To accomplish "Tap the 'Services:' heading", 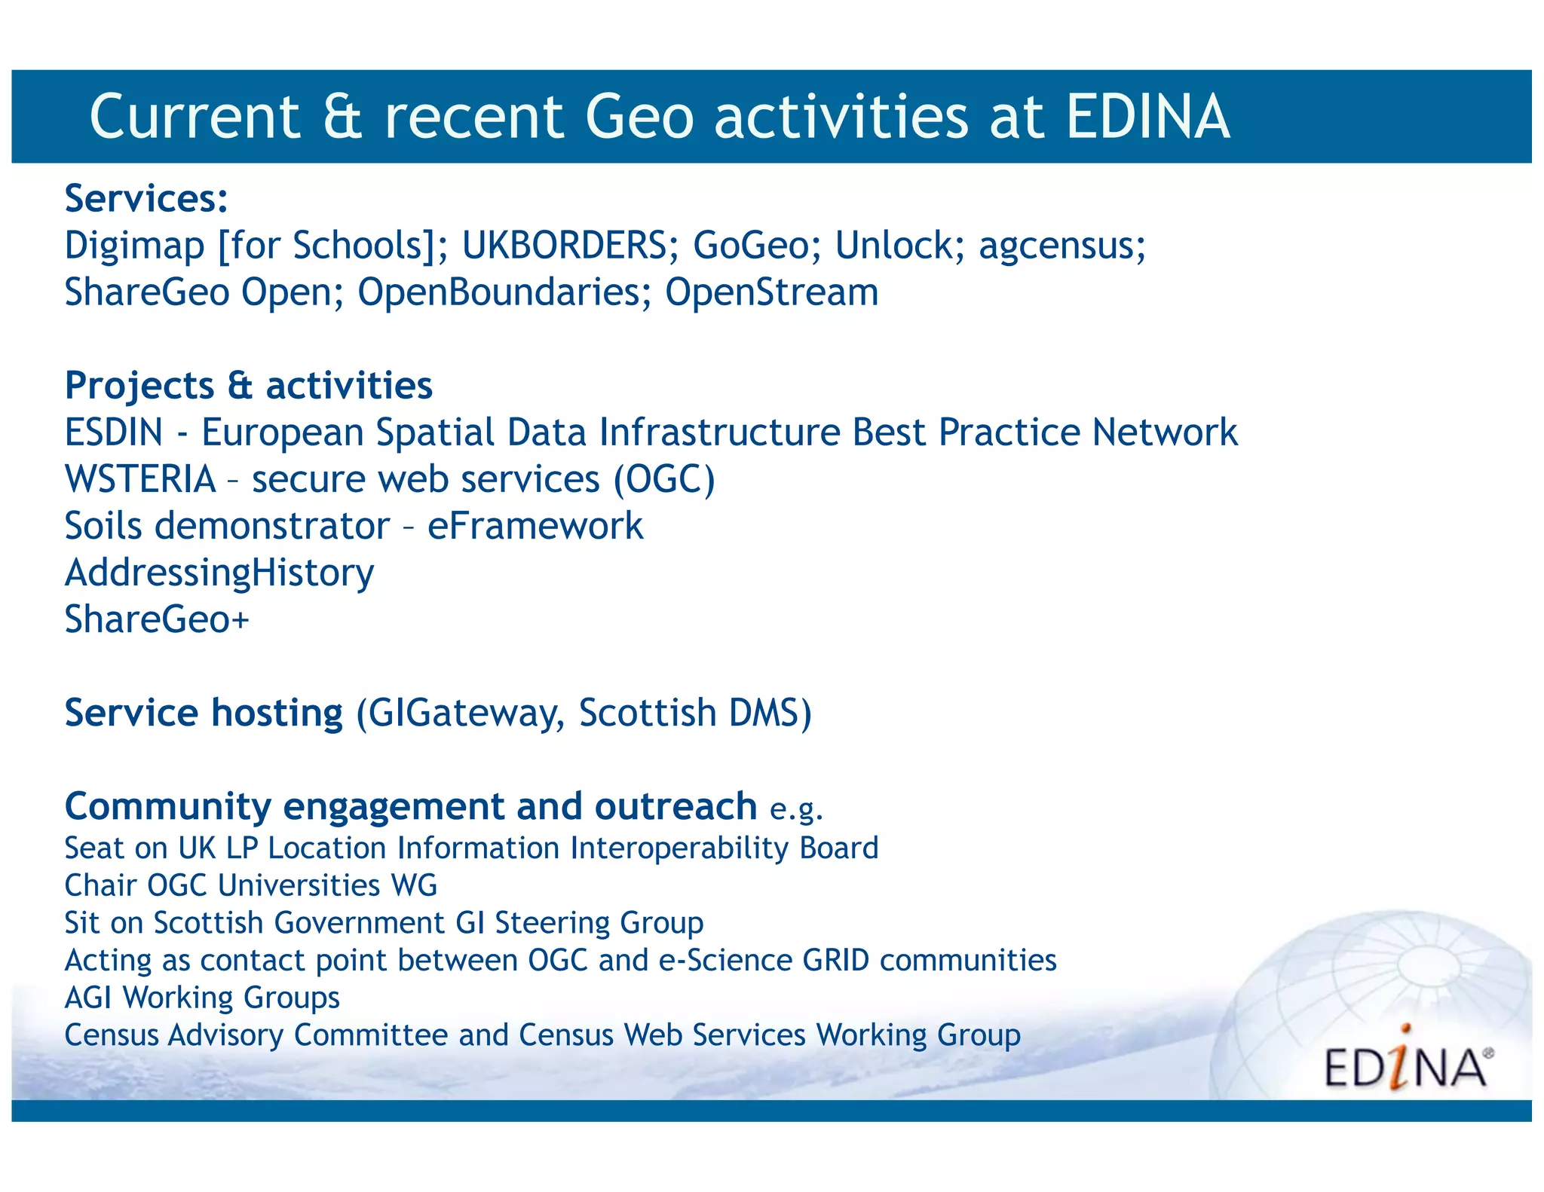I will (x=146, y=199).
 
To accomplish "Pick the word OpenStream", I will (x=771, y=292).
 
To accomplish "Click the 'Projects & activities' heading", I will (x=249, y=386).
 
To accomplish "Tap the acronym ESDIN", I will (x=114, y=432).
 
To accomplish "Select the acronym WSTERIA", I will (x=140, y=479).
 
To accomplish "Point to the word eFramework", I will (x=535, y=526).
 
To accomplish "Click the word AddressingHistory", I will (x=219, y=573).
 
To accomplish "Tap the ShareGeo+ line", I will (x=157, y=619).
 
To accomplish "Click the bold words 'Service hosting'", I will (x=204, y=713).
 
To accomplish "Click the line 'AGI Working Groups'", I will (x=202, y=998).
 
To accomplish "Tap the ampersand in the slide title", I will (x=342, y=117).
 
